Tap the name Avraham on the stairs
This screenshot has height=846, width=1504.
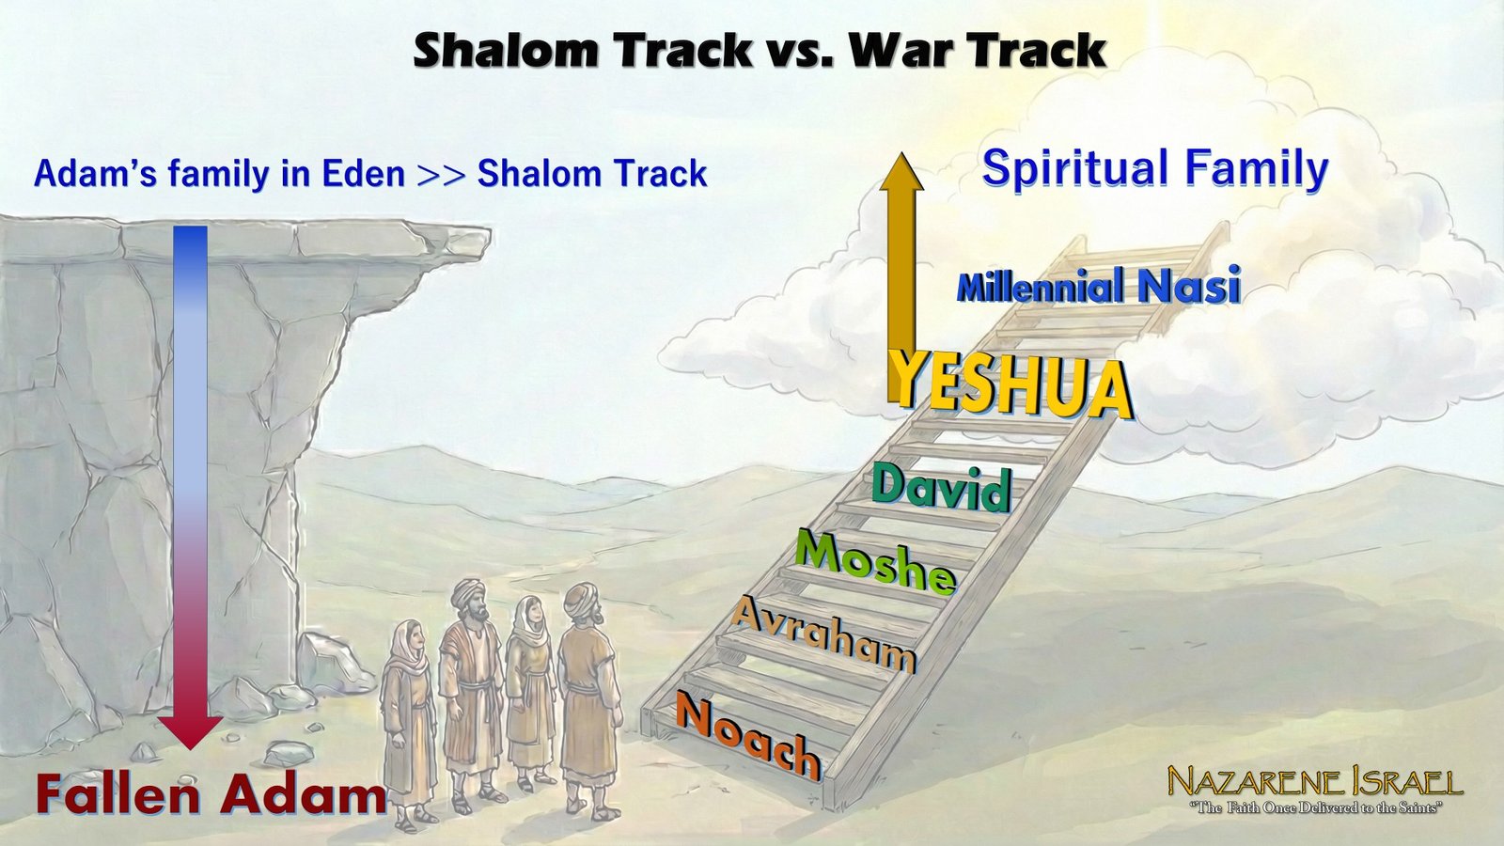[823, 634]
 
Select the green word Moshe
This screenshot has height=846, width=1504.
[875, 561]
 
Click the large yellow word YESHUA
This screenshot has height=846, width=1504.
[1010, 384]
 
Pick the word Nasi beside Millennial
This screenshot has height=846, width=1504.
[1189, 286]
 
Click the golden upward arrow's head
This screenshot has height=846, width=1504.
[901, 173]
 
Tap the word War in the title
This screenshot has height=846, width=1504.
[904, 49]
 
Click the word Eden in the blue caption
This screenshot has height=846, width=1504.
[363, 174]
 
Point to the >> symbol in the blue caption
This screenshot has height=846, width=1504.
[441, 175]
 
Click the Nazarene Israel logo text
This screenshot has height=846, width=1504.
[1314, 782]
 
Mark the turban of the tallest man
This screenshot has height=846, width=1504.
[467, 592]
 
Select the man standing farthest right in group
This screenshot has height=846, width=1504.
[587, 696]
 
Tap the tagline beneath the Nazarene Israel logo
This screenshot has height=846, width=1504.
[1314, 807]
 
